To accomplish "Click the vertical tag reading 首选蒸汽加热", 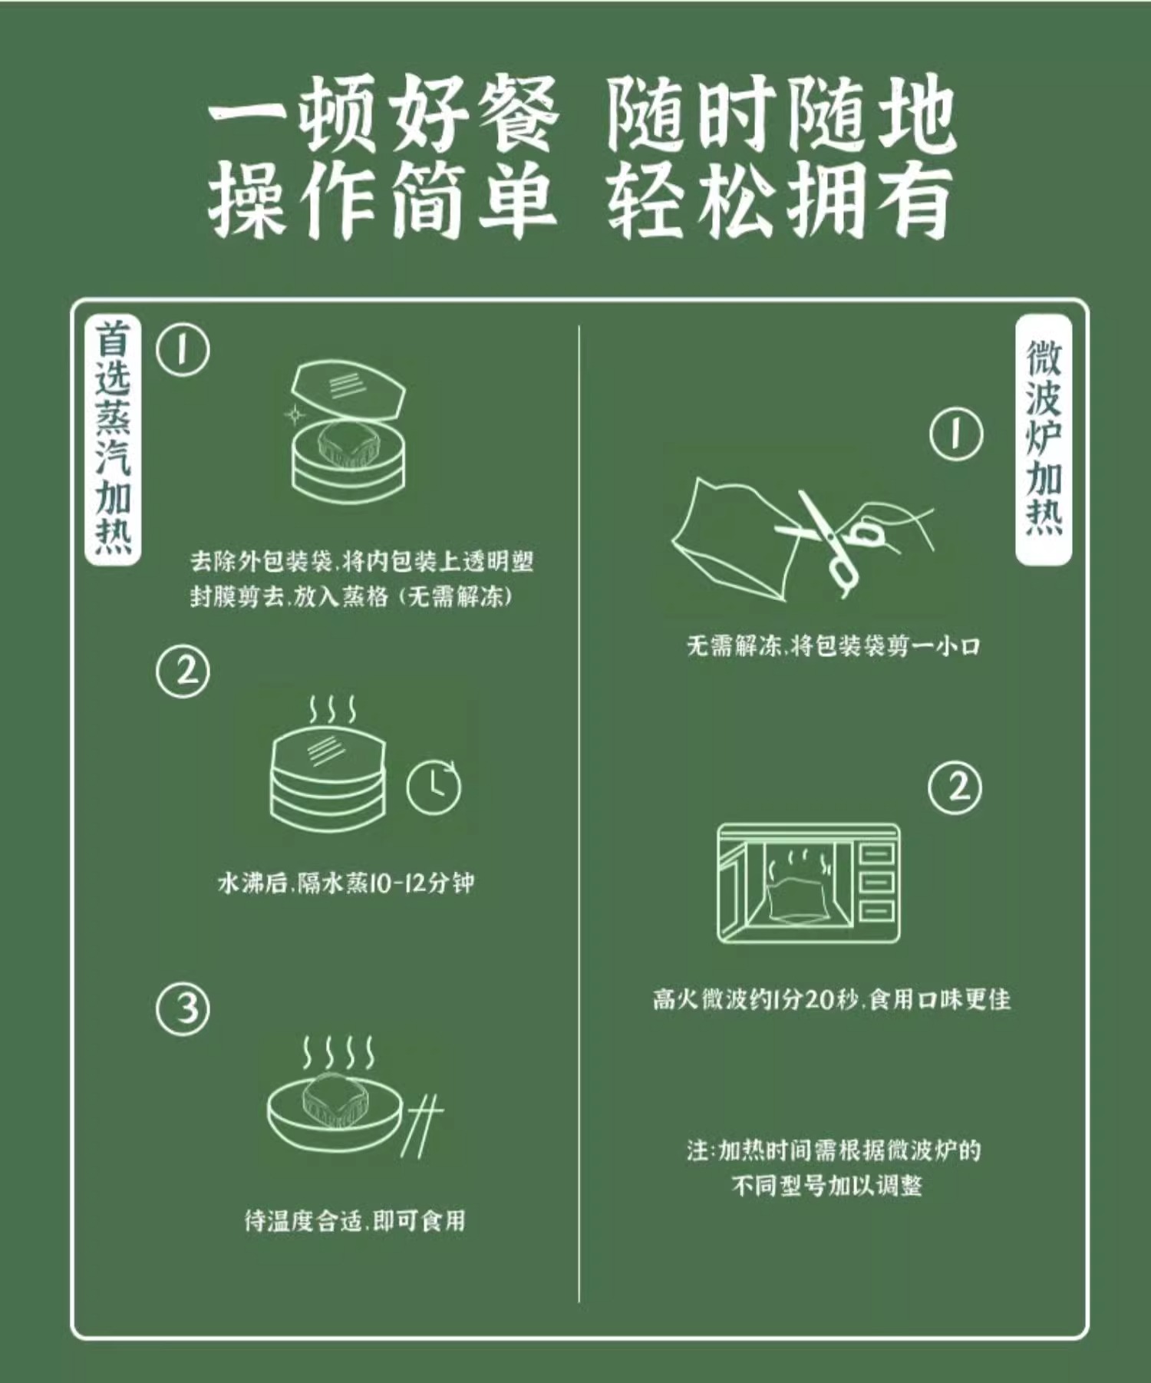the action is tap(113, 440).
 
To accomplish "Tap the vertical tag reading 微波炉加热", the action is tap(1044, 440).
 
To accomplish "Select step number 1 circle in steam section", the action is tap(183, 349).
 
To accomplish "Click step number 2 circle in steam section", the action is tap(183, 672).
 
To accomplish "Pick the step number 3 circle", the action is tap(183, 1008).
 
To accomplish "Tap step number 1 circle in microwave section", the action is tap(956, 434).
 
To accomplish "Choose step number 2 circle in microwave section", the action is tap(955, 788).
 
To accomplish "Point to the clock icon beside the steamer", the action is tap(434, 787).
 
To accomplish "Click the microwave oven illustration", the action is tap(808, 883).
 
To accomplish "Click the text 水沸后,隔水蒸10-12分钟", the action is tap(346, 883).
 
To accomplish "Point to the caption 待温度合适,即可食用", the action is tap(355, 1220).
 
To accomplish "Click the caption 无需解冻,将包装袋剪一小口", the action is tap(833, 645).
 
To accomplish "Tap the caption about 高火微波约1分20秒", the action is tap(832, 998).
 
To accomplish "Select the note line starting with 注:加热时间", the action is tap(834, 1150).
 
